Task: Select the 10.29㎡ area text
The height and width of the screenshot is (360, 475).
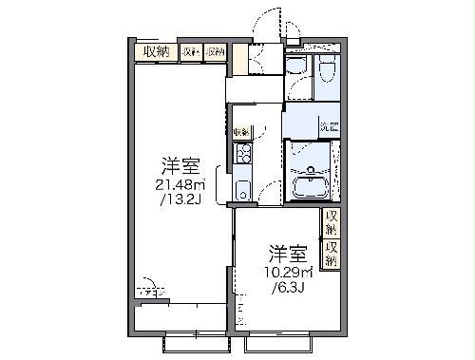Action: [286, 271]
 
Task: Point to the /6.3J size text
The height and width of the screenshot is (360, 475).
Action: [286, 285]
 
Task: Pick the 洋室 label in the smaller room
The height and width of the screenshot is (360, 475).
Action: [287, 253]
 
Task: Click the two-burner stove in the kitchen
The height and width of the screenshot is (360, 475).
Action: [242, 153]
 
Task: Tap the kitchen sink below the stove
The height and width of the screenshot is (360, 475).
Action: [242, 187]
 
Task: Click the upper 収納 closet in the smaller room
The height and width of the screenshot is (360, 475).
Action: [331, 224]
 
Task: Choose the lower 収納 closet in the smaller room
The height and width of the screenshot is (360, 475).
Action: [331, 253]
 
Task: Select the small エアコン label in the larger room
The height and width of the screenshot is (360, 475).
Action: [148, 282]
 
